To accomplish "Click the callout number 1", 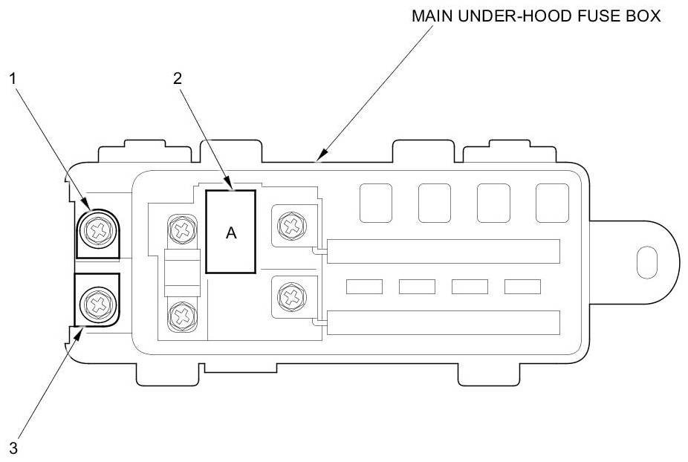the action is pyautogui.click(x=13, y=79).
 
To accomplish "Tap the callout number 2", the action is pyautogui.click(x=178, y=79).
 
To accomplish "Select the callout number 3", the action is pyautogui.click(x=13, y=449).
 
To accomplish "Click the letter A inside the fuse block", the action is pyautogui.click(x=231, y=232).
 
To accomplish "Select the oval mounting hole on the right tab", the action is pyautogui.click(x=646, y=262).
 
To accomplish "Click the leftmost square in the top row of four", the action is pyautogui.click(x=376, y=203).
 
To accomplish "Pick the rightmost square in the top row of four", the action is pyautogui.click(x=553, y=203).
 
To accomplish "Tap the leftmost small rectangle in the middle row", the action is pyautogui.click(x=364, y=287).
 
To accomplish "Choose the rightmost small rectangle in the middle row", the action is pyautogui.click(x=522, y=287).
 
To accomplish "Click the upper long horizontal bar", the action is pyautogui.click(x=444, y=251).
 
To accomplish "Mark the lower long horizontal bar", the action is pyautogui.click(x=444, y=322).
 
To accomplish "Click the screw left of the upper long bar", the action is pyautogui.click(x=292, y=227).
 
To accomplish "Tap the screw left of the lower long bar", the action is pyautogui.click(x=292, y=296).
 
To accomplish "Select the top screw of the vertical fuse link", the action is pyautogui.click(x=182, y=229).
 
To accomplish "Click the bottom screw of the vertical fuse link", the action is pyautogui.click(x=182, y=315).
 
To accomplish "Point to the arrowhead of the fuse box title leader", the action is pyautogui.click(x=321, y=155).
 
